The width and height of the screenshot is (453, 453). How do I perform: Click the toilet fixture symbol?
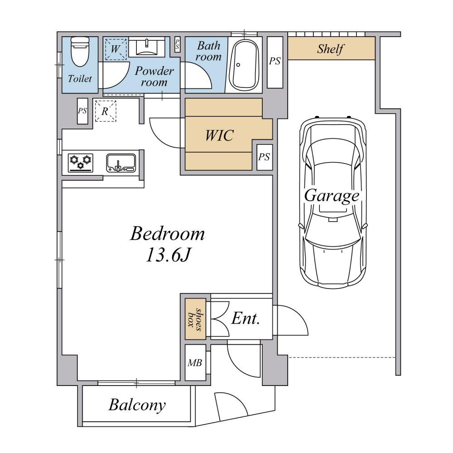coord(80,52)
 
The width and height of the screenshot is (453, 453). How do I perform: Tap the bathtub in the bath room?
coord(245,65)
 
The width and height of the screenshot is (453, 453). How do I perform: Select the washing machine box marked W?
coord(116,49)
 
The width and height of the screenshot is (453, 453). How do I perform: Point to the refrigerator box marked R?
coord(106,111)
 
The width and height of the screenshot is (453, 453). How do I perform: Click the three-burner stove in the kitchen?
coord(81,163)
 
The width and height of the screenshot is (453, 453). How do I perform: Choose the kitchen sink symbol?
coord(121,163)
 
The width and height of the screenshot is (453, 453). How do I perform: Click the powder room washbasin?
coord(147,48)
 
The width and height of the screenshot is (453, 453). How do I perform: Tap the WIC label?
coord(220,135)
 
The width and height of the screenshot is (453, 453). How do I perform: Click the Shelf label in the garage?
coord(331,49)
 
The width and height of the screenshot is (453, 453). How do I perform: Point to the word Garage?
coord(332,197)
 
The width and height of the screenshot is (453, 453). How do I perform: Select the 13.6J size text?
coord(168,255)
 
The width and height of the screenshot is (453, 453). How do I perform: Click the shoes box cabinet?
coord(195,318)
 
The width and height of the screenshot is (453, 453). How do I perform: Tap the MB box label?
coord(195,362)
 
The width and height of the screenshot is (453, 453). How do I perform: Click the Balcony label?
coord(138,405)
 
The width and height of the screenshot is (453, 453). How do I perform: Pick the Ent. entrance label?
coord(245,318)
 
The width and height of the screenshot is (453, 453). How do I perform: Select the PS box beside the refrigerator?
coord(82,111)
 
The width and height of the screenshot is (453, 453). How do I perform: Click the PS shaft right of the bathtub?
coord(275,62)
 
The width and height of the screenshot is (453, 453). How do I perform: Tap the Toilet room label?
coord(80,78)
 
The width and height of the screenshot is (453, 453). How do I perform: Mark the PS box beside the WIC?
coord(265,157)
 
